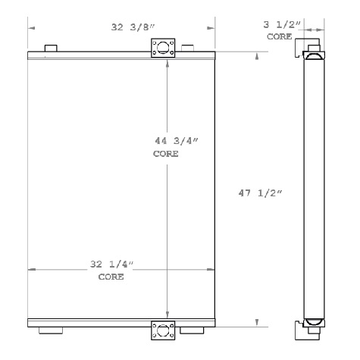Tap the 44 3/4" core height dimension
pos(166,141)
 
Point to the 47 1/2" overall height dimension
pos(260,194)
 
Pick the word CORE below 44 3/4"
pos(166,153)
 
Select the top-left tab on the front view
pos(51,49)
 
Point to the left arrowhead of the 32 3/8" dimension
pos(31,29)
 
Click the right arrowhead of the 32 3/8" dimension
pos(214,29)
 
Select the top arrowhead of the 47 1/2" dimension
pos(259,55)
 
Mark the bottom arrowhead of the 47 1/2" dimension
pos(259,321)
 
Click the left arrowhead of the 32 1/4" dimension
pos(31,269)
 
